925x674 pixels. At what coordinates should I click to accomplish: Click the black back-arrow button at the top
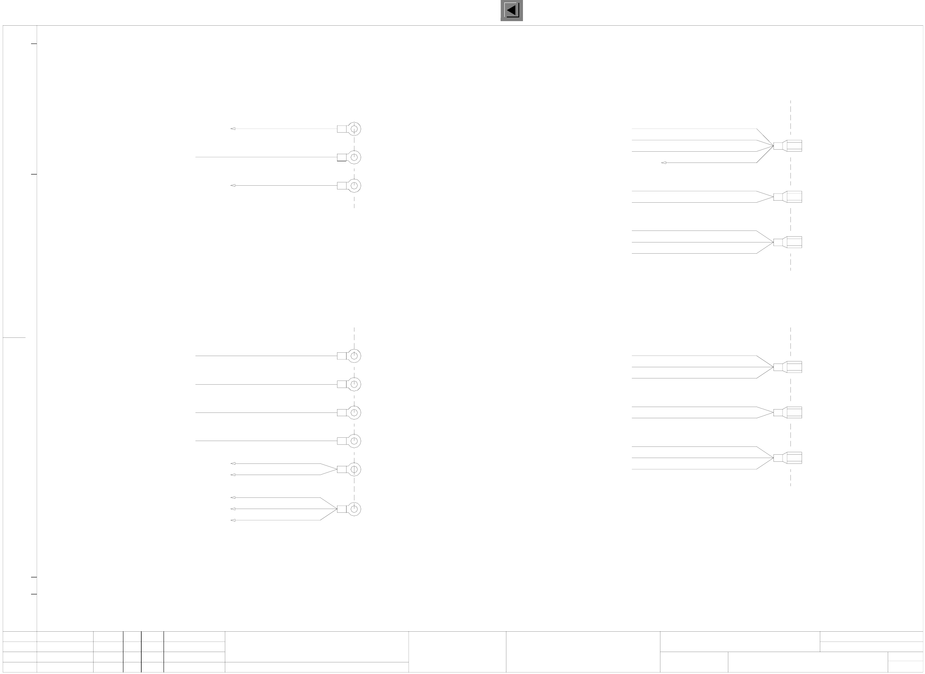[511, 10]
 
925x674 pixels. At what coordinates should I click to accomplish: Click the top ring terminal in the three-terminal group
[354, 129]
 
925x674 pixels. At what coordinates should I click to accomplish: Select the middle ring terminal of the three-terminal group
[354, 157]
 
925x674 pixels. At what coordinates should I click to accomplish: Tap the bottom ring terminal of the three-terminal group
[354, 186]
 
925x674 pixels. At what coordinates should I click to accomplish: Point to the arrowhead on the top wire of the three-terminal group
[233, 129]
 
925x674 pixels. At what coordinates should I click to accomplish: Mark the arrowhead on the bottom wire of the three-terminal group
[233, 186]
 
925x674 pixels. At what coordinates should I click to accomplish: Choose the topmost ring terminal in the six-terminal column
[354, 356]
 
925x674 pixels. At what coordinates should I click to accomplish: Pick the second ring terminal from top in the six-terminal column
[354, 384]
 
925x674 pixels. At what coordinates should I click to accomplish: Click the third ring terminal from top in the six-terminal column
[354, 412]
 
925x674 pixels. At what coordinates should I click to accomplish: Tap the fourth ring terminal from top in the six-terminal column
[354, 441]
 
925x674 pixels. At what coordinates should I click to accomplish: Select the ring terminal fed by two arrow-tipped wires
[354, 469]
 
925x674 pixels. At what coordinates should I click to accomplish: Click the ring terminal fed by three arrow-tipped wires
[354, 509]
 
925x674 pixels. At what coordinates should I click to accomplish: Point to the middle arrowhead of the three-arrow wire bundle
[233, 509]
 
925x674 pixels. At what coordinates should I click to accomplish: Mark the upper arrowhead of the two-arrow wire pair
[233, 463]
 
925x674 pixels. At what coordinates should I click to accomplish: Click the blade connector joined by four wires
[788, 146]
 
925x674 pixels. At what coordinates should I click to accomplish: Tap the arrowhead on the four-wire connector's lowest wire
[664, 163]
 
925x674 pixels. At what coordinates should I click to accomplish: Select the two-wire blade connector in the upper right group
[788, 197]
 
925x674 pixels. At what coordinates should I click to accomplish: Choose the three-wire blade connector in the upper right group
[788, 242]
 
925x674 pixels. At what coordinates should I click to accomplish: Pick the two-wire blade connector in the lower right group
[788, 412]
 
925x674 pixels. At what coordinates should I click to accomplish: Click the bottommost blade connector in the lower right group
[788, 458]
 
